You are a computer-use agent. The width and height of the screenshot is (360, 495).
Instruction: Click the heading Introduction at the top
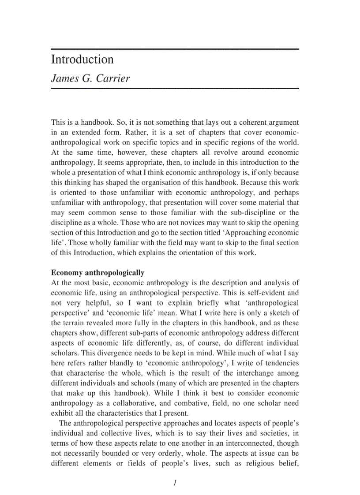[82, 60]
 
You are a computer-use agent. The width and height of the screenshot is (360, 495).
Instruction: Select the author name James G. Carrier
[90, 78]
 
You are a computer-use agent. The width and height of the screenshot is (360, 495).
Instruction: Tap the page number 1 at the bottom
[175, 483]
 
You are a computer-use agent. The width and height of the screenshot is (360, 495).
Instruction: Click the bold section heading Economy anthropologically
[97, 272]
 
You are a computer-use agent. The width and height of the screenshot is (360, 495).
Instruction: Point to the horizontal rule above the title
[175, 48]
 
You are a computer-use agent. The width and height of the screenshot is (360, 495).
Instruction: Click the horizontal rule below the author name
[175, 89]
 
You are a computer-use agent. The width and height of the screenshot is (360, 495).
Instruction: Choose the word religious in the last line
[261, 463]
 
